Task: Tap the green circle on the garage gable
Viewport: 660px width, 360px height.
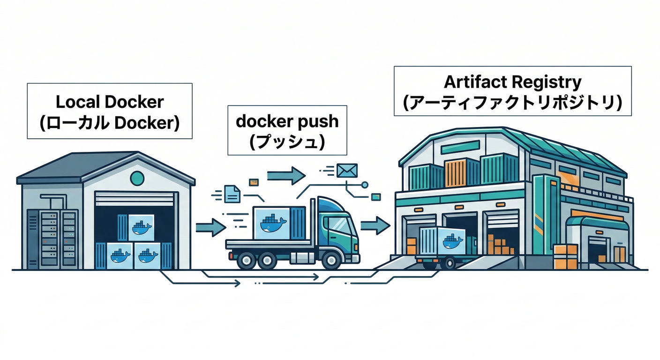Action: tap(137, 177)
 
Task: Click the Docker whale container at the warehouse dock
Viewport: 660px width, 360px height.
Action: tap(451, 241)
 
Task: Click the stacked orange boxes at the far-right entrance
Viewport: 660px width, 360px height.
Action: tap(565, 256)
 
